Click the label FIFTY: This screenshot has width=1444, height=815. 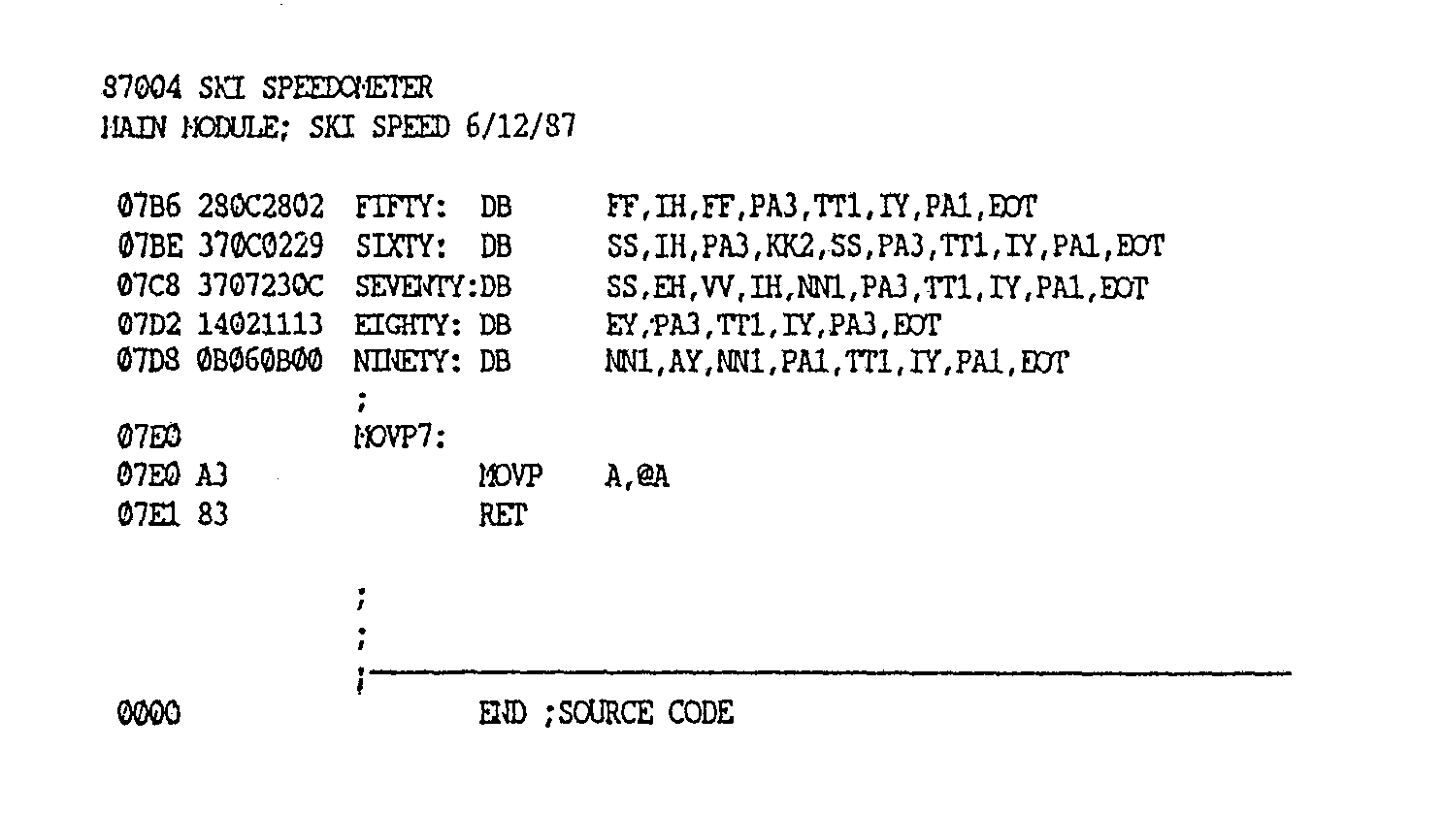pyautogui.click(x=401, y=208)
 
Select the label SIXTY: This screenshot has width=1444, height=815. pyautogui.click(x=401, y=247)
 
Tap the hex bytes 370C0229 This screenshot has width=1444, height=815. pyautogui.click(x=260, y=247)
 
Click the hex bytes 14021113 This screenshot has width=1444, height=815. pyautogui.click(x=260, y=324)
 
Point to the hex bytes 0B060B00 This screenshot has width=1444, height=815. pyautogui.click(x=260, y=363)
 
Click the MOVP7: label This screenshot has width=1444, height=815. pyautogui.click(x=399, y=439)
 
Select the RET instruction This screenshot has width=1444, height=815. pyautogui.click(x=502, y=515)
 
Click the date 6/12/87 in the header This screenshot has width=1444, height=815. pyautogui.click(x=520, y=127)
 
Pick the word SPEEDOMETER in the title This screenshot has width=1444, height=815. pyautogui.click(x=348, y=88)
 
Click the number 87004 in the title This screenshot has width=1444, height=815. pyautogui.click(x=142, y=88)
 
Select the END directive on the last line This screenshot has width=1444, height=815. pyautogui.click(x=502, y=714)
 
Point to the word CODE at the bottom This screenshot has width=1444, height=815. pyautogui.click(x=701, y=714)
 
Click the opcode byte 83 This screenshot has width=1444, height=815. pyautogui.click(x=213, y=515)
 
